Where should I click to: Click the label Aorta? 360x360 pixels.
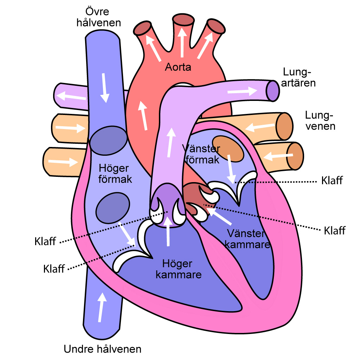(178, 67)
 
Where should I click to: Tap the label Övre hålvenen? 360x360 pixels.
(98, 17)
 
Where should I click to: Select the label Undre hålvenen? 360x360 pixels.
(102, 349)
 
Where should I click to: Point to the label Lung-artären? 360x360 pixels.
(298, 77)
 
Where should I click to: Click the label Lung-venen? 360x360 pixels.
(320, 121)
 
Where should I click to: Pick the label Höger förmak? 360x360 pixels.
(115, 174)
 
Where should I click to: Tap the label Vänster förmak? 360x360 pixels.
(201, 154)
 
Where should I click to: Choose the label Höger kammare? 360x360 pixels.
(178, 269)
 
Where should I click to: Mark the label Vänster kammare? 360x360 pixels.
(247, 239)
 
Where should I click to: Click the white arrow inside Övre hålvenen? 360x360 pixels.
(104, 88)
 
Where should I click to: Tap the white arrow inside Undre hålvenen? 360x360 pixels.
(102, 307)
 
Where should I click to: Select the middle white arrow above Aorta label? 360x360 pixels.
(182, 43)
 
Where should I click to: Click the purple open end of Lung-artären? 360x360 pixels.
(273, 91)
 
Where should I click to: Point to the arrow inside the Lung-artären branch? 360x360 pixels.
(242, 91)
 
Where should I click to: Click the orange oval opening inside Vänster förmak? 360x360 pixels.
(228, 149)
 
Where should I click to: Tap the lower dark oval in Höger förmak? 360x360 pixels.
(113, 208)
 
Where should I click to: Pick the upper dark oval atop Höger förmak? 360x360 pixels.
(108, 141)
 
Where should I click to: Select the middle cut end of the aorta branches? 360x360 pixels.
(183, 19)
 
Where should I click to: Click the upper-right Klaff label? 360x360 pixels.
(332, 180)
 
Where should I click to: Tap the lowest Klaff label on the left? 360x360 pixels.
(54, 269)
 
